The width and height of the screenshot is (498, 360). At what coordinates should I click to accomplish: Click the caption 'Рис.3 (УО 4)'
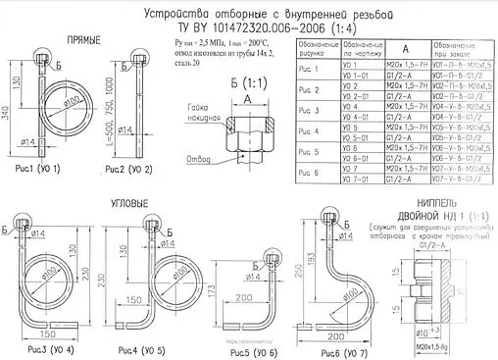[44, 349]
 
